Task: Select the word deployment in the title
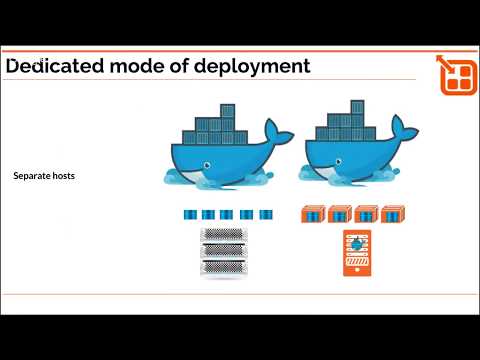tap(251, 67)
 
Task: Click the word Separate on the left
tap(34, 176)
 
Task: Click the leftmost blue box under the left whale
tap(189, 213)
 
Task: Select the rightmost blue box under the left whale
tap(266, 213)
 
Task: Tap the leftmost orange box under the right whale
tap(313, 214)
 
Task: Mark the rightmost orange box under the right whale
tap(391, 214)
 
